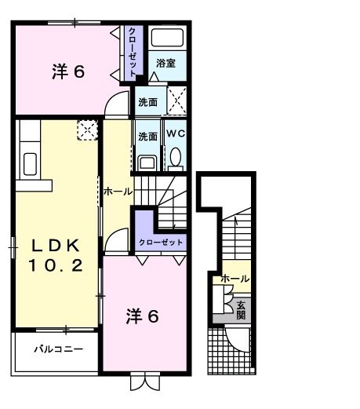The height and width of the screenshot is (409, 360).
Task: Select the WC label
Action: pyautogui.click(x=175, y=135)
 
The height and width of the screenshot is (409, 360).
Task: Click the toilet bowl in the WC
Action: pyautogui.click(x=175, y=158)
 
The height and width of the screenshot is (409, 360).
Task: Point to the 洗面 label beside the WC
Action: pyautogui.click(x=147, y=136)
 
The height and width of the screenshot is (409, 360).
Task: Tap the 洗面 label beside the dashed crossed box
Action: pyautogui.click(x=147, y=102)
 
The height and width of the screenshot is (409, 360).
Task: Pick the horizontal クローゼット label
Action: pyautogui.click(x=161, y=243)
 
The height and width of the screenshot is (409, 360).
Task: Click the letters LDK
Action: pyautogui.click(x=56, y=246)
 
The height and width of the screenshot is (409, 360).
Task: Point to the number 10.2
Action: pyautogui.click(x=56, y=266)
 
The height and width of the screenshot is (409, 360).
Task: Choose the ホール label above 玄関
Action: pyautogui.click(x=235, y=279)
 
